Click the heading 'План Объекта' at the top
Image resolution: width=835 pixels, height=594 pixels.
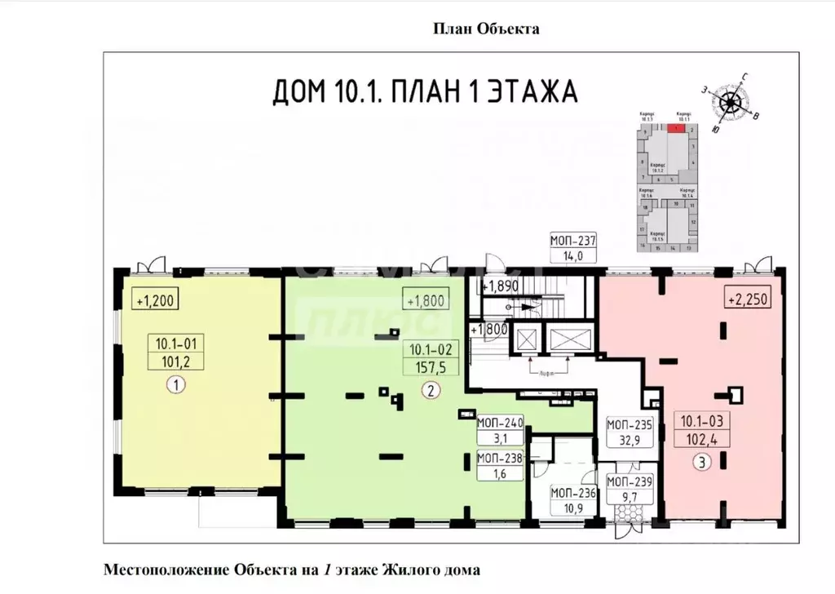[x=485, y=29]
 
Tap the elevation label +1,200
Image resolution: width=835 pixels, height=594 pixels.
[x=154, y=299]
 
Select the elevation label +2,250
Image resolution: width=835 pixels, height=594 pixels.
[x=746, y=299]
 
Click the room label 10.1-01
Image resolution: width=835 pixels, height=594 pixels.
[x=172, y=343]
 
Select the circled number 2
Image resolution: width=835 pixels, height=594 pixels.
[x=430, y=390]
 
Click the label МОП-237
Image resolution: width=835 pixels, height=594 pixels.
[x=574, y=240]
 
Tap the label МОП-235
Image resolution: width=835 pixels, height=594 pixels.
[x=628, y=424]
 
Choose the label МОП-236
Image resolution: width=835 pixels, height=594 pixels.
[x=573, y=492]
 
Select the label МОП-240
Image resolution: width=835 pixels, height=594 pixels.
[x=501, y=424]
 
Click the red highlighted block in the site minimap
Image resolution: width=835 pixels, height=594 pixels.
[x=674, y=127]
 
